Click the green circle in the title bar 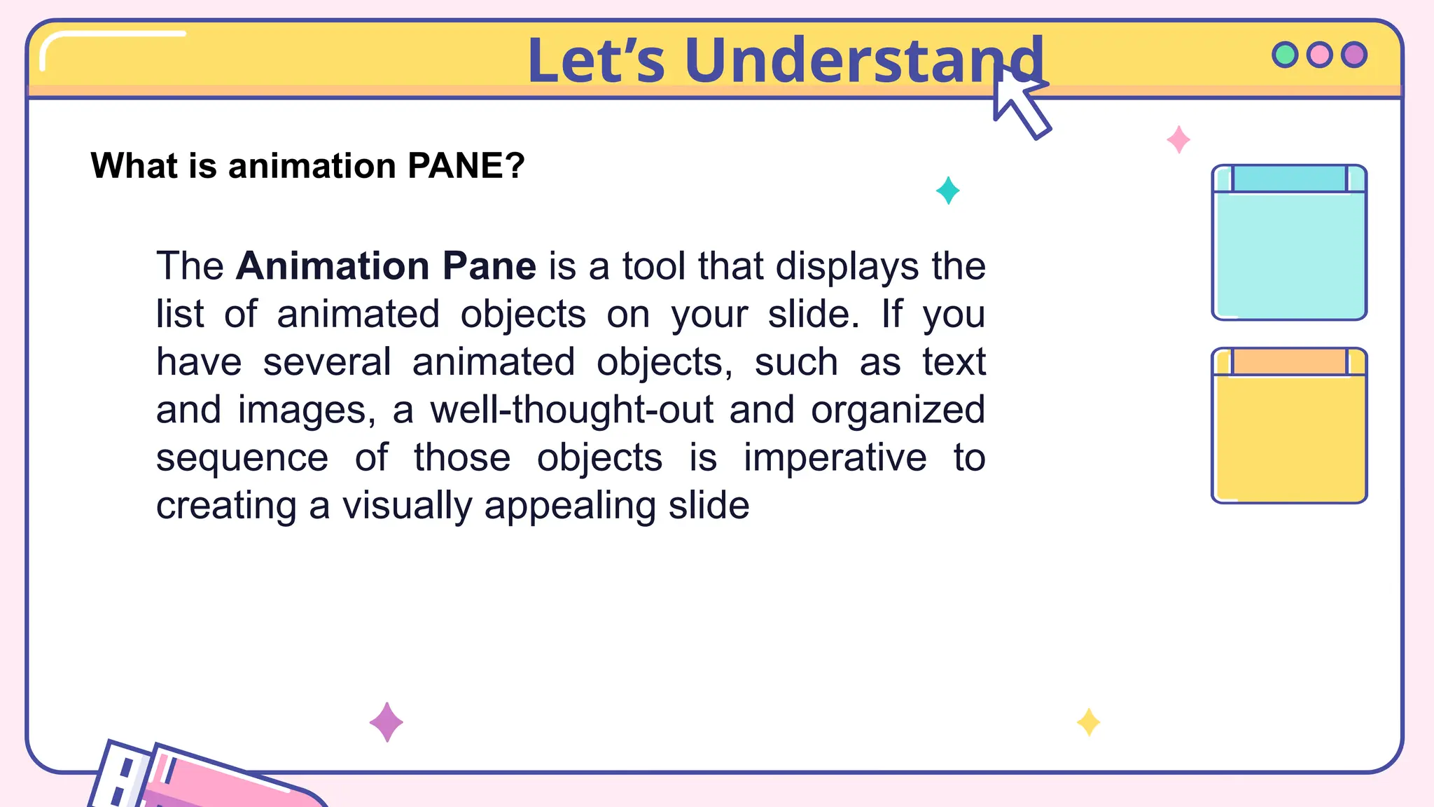tap(1285, 55)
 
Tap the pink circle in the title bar tap(1320, 55)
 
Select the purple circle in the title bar tap(1354, 55)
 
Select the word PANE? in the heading tap(466, 166)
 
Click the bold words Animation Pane tap(386, 266)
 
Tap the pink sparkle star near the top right tap(1178, 139)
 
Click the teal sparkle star tap(947, 191)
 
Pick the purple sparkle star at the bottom tap(386, 722)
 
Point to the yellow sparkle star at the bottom tap(1088, 722)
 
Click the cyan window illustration tap(1289, 252)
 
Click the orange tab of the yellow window tap(1289, 361)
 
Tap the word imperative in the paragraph tap(835, 458)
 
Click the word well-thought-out tap(571, 410)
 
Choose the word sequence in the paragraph tap(242, 458)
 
